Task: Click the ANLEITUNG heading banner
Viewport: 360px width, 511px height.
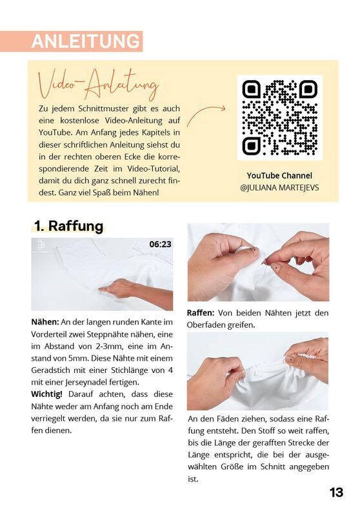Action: point(86,41)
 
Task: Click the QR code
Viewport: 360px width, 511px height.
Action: point(279,117)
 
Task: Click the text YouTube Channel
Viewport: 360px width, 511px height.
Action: point(279,175)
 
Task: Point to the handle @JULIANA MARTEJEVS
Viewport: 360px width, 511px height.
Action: point(279,188)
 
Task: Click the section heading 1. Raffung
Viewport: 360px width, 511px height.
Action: point(68,226)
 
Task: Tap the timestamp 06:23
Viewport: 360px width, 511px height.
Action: point(160,245)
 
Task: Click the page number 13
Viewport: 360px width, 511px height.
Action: point(336,492)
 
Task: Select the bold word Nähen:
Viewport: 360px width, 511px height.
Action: point(45,321)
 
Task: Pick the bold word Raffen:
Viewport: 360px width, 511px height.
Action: point(201,313)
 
